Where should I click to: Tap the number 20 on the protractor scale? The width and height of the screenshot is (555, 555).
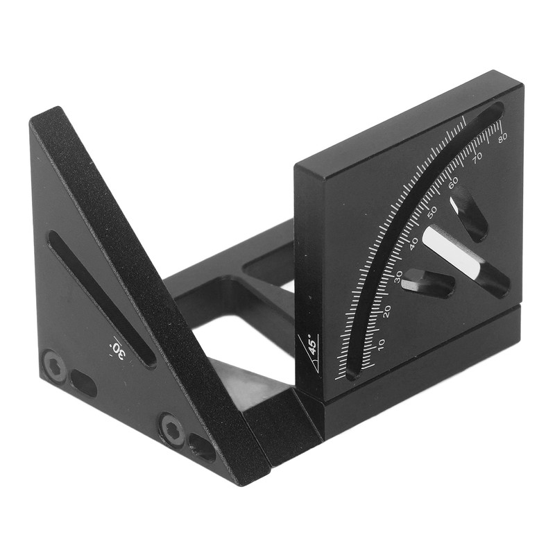point(386,311)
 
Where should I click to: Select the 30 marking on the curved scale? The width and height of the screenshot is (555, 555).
point(398,276)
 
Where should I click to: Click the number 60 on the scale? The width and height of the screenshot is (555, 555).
point(453,182)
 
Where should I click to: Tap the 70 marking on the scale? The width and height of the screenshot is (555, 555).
point(477,157)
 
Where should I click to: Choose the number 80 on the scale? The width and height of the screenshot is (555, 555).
point(502,137)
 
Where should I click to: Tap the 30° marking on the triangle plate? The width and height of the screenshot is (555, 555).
point(118,349)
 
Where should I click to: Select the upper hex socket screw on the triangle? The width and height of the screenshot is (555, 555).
point(55,365)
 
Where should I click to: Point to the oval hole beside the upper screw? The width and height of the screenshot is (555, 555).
point(83,383)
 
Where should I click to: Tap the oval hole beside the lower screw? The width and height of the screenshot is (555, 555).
point(202,447)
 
